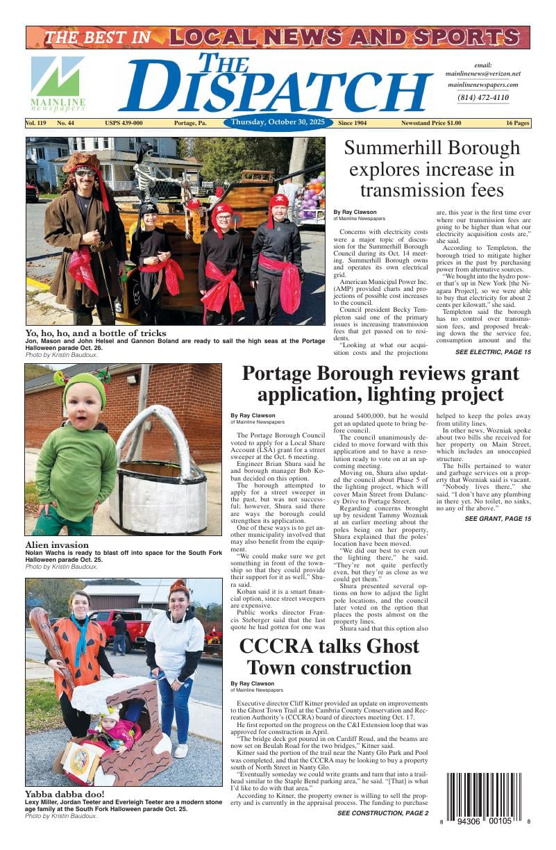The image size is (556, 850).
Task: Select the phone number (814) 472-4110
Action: click(x=482, y=98)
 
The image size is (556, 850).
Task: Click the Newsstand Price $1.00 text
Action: click(x=430, y=124)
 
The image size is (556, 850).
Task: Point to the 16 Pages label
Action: click(x=517, y=124)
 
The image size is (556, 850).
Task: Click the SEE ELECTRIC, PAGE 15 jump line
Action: click(x=493, y=353)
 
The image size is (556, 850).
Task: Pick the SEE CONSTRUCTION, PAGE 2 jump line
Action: click(x=382, y=813)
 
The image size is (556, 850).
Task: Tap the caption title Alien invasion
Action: click(x=57, y=545)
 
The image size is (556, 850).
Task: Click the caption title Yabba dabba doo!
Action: click(x=65, y=794)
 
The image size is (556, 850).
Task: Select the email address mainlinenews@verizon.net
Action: click(x=482, y=74)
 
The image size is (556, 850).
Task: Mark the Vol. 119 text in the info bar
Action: click(x=35, y=124)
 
